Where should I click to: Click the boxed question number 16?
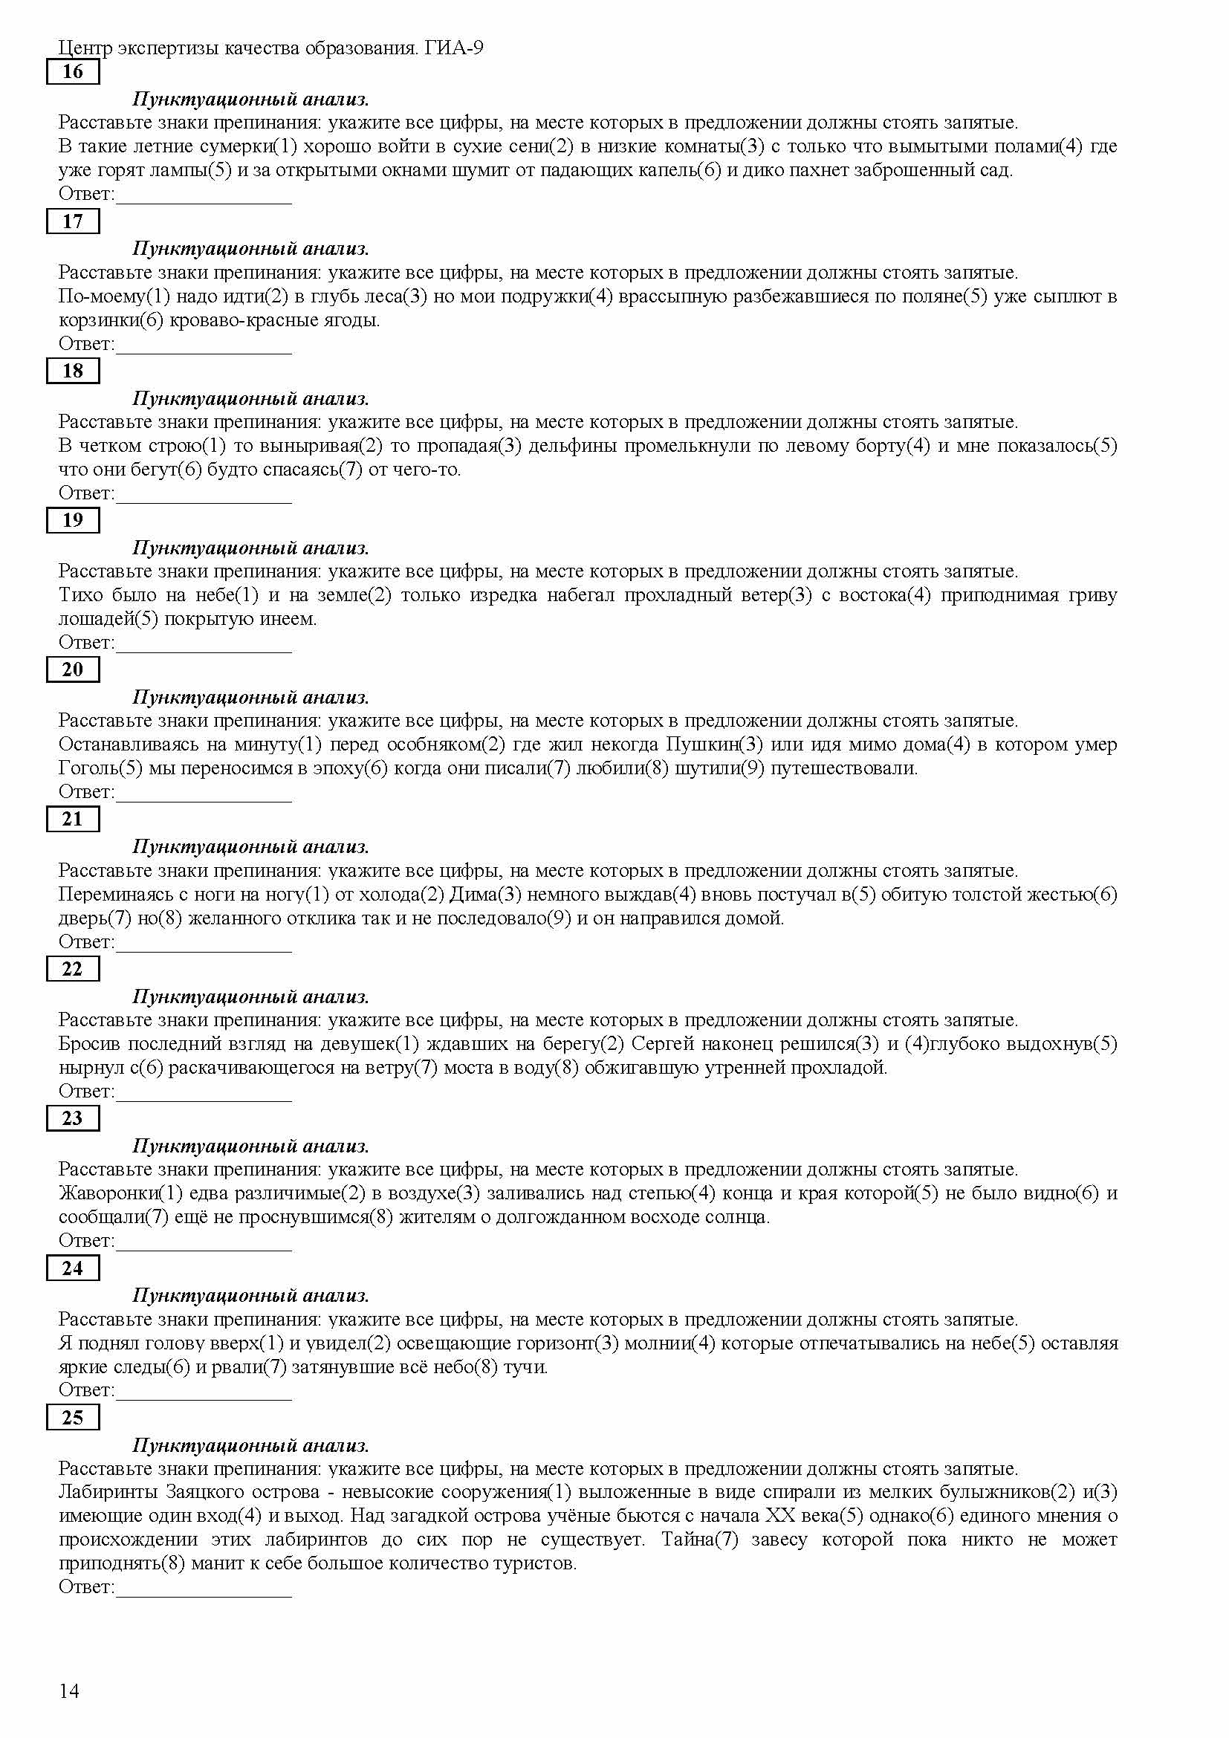coord(73,72)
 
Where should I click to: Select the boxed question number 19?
coord(73,520)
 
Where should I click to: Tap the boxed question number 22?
coord(73,969)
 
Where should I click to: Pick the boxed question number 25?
coord(73,1417)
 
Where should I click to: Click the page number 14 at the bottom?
coord(69,1691)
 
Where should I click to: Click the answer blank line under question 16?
coord(204,203)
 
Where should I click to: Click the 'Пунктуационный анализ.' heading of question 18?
coord(250,398)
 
